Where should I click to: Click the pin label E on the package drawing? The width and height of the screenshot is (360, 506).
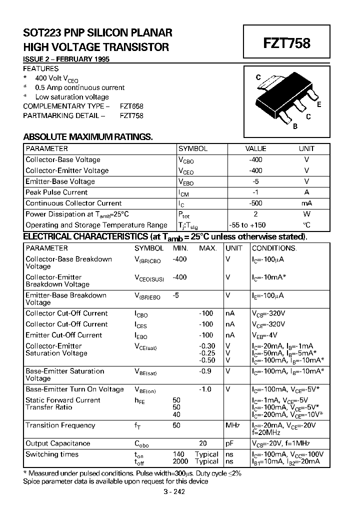pyautogui.click(x=318, y=105)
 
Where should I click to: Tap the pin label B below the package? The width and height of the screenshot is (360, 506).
pyautogui.click(x=295, y=126)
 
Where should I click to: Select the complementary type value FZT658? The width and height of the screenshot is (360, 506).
pyautogui.click(x=131, y=106)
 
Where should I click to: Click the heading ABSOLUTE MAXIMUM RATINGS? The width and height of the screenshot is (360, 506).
pyautogui.click(x=88, y=136)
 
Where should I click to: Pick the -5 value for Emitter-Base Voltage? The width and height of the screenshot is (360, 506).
pyautogui.click(x=256, y=181)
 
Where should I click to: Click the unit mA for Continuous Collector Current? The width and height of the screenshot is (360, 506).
pyautogui.click(x=306, y=203)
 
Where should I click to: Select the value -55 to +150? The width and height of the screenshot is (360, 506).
pyautogui.click(x=247, y=225)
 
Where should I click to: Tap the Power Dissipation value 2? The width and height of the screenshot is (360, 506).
pyautogui.click(x=255, y=214)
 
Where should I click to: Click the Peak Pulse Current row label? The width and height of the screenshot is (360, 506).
pyautogui.click(x=56, y=192)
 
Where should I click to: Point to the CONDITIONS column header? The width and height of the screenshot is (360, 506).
pyautogui.click(x=274, y=248)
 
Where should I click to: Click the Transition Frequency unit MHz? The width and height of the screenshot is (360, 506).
pyautogui.click(x=233, y=425)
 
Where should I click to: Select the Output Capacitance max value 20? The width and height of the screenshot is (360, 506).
pyautogui.click(x=203, y=443)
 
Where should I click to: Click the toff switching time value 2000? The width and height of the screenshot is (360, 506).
pyautogui.click(x=180, y=461)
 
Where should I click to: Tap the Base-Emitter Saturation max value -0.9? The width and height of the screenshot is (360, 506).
pyautogui.click(x=205, y=371)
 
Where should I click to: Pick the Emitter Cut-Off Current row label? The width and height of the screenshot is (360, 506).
pyautogui.click(x=63, y=335)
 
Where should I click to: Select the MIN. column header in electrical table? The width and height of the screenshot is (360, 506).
pyautogui.click(x=180, y=248)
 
